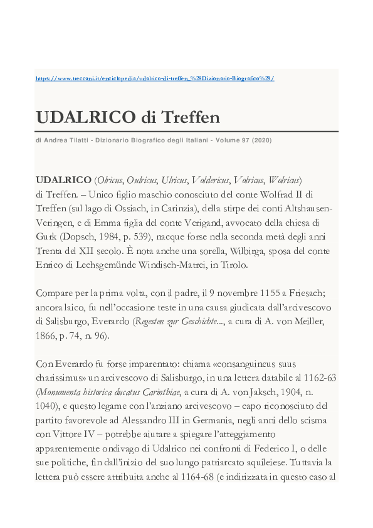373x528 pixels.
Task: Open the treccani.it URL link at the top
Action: pyautogui.click(x=155, y=78)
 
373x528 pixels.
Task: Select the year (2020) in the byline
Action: pyautogui.click(x=261, y=140)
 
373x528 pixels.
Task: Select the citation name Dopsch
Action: pyautogui.click(x=77, y=236)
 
